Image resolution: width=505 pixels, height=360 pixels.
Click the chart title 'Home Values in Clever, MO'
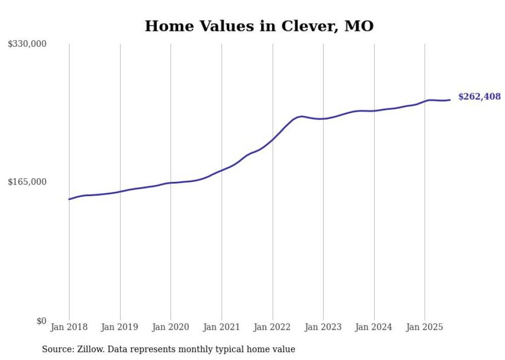pyautogui.click(x=259, y=26)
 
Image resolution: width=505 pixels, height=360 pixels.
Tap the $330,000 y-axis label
pyautogui.click(x=27, y=44)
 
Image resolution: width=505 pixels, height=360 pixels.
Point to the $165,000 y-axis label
pyautogui.click(x=27, y=182)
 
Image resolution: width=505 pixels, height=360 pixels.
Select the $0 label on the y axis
pyautogui.click(x=41, y=321)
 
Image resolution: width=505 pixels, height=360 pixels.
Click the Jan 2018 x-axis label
pyautogui.click(x=69, y=327)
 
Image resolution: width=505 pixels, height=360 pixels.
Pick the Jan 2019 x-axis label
pyautogui.click(x=120, y=327)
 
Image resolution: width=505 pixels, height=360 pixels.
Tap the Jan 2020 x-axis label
pyautogui.click(x=171, y=327)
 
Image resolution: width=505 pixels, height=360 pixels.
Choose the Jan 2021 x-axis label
pyautogui.click(x=222, y=327)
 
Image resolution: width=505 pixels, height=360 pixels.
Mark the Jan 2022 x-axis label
pyautogui.click(x=273, y=327)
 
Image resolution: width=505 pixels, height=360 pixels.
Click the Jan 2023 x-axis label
pyautogui.click(x=323, y=327)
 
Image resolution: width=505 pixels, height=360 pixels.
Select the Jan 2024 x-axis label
pyautogui.click(x=374, y=327)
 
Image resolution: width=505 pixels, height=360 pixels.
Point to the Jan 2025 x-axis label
pyautogui.click(x=425, y=327)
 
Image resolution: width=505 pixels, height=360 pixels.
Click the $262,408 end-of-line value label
pyautogui.click(x=479, y=97)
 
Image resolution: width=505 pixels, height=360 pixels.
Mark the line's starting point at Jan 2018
pyautogui.click(x=69, y=199)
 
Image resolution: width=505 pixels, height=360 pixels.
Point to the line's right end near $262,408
pyautogui.click(x=450, y=100)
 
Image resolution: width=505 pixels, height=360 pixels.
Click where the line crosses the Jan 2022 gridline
pyautogui.click(x=273, y=139)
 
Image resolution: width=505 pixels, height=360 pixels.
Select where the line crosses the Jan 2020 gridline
pyautogui.click(x=171, y=183)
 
